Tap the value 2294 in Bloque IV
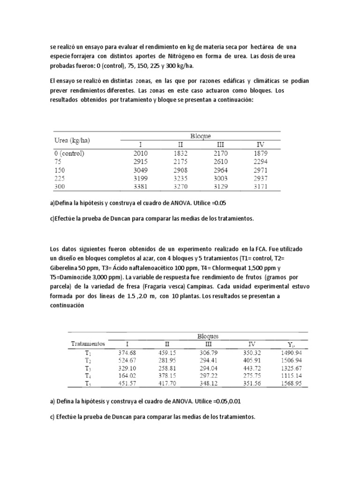[x=261, y=161]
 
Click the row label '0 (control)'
[x=70, y=153]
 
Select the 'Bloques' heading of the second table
[x=208, y=336]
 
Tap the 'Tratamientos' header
[x=88, y=343]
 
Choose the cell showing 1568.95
[x=291, y=383]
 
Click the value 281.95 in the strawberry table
[x=178, y=360]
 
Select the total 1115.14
[x=291, y=375]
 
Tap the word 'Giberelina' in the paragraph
[x=67, y=269]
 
